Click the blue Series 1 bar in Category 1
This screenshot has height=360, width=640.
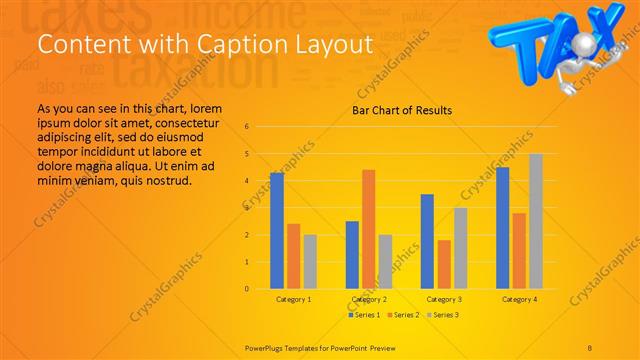click(x=277, y=231)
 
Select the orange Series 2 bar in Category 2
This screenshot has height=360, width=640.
click(x=369, y=229)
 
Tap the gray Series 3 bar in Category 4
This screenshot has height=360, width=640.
click(x=535, y=221)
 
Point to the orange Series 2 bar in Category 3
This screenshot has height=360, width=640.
click(x=444, y=264)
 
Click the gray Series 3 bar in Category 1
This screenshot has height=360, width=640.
click(x=310, y=261)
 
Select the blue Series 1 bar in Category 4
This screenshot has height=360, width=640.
click(x=502, y=228)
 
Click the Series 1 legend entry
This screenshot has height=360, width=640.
click(x=363, y=315)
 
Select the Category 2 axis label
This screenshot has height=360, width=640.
click(x=369, y=299)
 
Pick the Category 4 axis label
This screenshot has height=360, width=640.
click(x=519, y=299)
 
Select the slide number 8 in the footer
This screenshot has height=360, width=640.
click(x=590, y=347)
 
